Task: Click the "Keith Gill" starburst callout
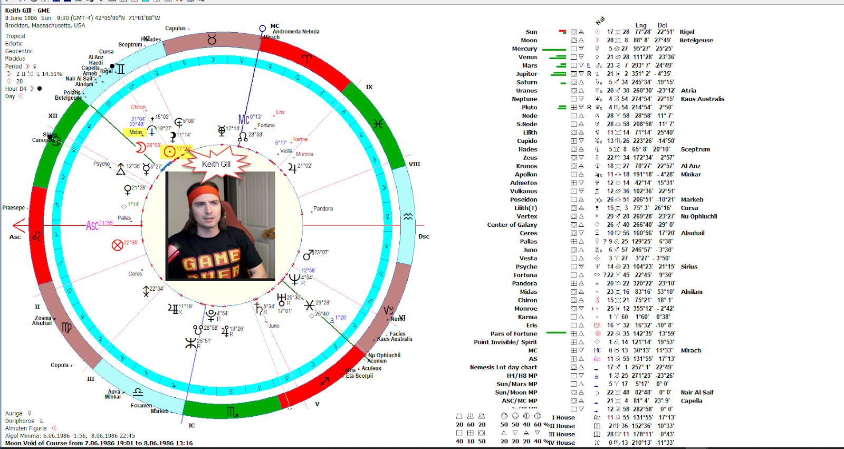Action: coord(216,164)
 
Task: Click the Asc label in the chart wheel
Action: coord(92,226)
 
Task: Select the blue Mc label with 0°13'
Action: coord(244,119)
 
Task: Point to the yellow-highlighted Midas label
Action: coord(136,132)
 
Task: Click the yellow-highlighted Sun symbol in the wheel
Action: coord(169,152)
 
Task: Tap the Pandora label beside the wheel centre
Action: coord(323,208)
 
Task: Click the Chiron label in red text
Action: coord(138,107)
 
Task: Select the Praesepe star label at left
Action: coord(13,208)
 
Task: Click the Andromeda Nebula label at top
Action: coord(295,32)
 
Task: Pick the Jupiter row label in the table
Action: coord(526,74)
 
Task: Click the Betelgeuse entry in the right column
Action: coord(696,40)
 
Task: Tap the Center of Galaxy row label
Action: coord(512,225)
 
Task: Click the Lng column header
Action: coord(640,25)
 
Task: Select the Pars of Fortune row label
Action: coord(513,333)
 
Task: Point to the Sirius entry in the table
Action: coord(688,266)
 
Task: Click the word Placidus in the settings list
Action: coord(15,59)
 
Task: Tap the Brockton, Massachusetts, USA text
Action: coord(45,25)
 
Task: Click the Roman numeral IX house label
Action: coord(369,87)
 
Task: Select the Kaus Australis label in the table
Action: coord(702,99)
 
